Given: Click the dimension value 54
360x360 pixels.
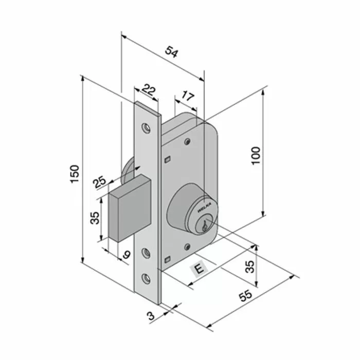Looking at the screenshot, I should click(172, 52).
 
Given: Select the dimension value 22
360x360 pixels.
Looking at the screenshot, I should click(149, 91).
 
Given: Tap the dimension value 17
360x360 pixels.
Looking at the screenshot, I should click(187, 96).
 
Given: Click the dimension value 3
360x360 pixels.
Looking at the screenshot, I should click(151, 315).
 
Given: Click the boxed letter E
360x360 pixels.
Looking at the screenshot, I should click(197, 268).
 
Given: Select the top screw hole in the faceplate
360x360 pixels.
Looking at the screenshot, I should click(147, 126).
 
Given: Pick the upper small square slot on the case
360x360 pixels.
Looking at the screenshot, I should click(167, 160).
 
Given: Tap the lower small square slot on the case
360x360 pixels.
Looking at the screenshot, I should click(167, 259).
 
